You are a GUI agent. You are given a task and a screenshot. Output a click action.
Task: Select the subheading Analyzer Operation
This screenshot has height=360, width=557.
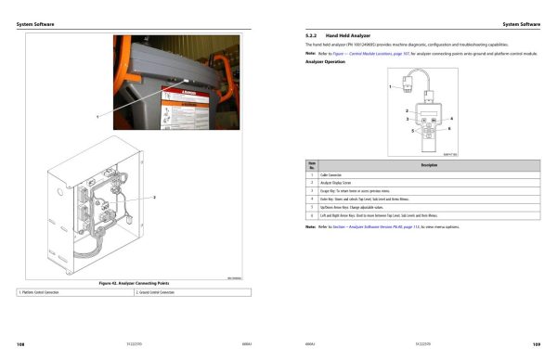(x=326, y=62)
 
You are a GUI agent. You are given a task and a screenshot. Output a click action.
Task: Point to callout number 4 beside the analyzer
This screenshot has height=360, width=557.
(x=451, y=119)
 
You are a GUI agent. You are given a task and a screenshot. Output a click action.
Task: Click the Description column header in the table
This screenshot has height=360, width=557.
(x=429, y=164)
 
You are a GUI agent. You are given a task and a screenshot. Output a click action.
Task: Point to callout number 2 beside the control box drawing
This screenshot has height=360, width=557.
(x=153, y=198)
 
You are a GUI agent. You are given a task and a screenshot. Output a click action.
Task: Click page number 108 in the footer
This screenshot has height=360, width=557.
(x=20, y=343)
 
